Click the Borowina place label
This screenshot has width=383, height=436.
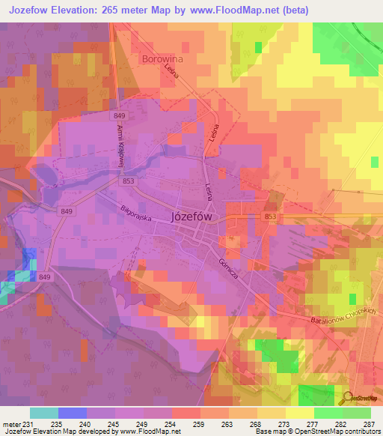(x=162, y=58)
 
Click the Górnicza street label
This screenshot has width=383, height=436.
(x=228, y=266)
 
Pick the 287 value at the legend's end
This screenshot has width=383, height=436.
(x=369, y=424)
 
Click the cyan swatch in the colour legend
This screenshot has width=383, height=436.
(x=44, y=413)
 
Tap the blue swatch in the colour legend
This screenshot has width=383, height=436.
(x=73, y=413)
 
